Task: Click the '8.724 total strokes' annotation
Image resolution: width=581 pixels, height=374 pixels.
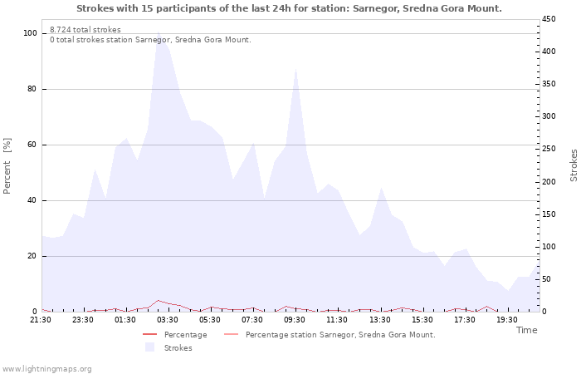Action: pos(85,30)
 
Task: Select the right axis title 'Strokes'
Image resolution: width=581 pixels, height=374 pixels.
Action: pos(574,165)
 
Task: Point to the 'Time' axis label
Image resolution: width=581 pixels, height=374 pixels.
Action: pos(526,330)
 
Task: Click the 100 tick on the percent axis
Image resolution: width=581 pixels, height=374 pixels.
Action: pos(30,33)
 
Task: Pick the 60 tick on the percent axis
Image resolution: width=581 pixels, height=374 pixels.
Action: pos(32,145)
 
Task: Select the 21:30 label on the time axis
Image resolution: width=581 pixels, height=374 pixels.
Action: pos(41,319)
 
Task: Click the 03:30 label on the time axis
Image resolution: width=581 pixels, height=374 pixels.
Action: pos(168,319)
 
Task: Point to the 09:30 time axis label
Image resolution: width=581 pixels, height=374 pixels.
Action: pos(295,319)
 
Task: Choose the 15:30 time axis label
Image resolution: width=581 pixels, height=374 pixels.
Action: pos(422,319)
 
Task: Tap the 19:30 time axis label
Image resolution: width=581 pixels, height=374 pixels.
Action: pos(506,319)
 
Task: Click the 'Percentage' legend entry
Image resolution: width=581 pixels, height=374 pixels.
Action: pos(185,335)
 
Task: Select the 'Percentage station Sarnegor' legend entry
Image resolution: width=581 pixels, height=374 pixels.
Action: pos(339,335)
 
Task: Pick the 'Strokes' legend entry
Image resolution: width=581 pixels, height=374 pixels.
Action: pos(178,348)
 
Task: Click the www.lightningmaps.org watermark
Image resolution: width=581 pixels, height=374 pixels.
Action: pos(46,369)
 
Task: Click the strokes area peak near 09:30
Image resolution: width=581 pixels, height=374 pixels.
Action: pos(296,68)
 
